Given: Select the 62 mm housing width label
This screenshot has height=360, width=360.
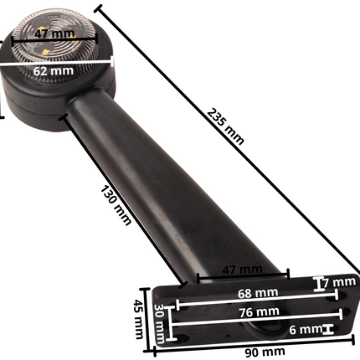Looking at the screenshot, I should (x=52, y=71).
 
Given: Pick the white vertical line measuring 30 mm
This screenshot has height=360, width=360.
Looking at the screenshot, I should (x=172, y=321).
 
